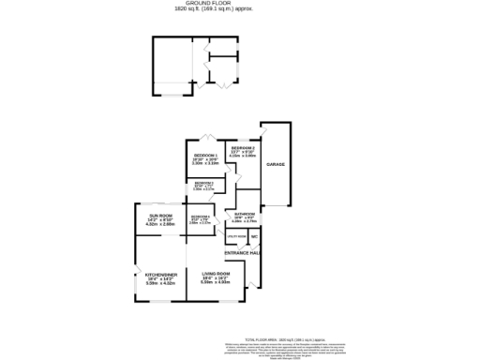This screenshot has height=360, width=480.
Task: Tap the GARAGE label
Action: (x=276, y=164)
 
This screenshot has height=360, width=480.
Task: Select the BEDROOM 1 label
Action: (x=205, y=155)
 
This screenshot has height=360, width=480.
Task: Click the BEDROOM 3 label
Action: (x=203, y=183)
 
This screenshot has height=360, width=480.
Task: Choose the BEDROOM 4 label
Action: (x=200, y=217)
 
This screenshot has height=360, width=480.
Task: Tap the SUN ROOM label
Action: (x=160, y=217)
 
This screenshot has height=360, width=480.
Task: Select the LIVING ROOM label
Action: (x=216, y=273)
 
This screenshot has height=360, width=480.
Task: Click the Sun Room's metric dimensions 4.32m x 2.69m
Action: (x=160, y=225)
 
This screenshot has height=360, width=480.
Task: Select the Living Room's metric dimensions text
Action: (x=216, y=282)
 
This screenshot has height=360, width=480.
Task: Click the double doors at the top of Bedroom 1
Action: (x=212, y=135)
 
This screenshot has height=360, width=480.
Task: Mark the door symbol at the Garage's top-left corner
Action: (x=266, y=129)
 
